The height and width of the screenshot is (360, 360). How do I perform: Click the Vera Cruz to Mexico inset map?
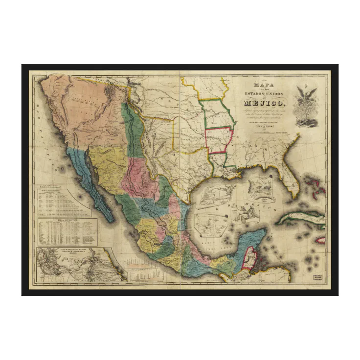point(73,264)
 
